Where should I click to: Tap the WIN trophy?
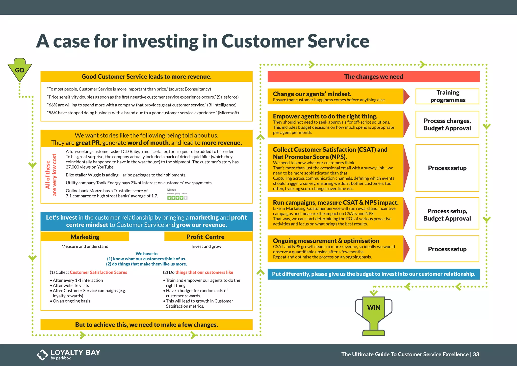pos(374,313)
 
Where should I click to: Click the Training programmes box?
pos(447,96)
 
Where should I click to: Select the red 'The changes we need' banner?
pos(373,77)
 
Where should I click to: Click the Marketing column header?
pos(85,237)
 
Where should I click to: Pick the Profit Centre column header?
pos(205,237)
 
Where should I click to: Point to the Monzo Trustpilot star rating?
pos(177,198)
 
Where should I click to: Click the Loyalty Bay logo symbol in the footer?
pos(42,355)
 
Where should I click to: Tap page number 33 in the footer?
pos(476,354)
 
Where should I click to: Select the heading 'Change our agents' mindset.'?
pos(312,94)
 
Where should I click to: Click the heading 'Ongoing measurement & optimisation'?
pos(326,241)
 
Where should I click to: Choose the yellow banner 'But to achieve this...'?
pos(146,325)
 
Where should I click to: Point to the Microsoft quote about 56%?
pos(143,113)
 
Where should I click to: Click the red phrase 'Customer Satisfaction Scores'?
pos(98,272)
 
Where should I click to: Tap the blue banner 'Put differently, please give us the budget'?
pos(373,274)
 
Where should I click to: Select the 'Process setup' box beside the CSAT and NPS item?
pos(447,168)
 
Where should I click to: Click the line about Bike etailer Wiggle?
pos(126,175)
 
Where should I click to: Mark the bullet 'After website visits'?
pos(71,285)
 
